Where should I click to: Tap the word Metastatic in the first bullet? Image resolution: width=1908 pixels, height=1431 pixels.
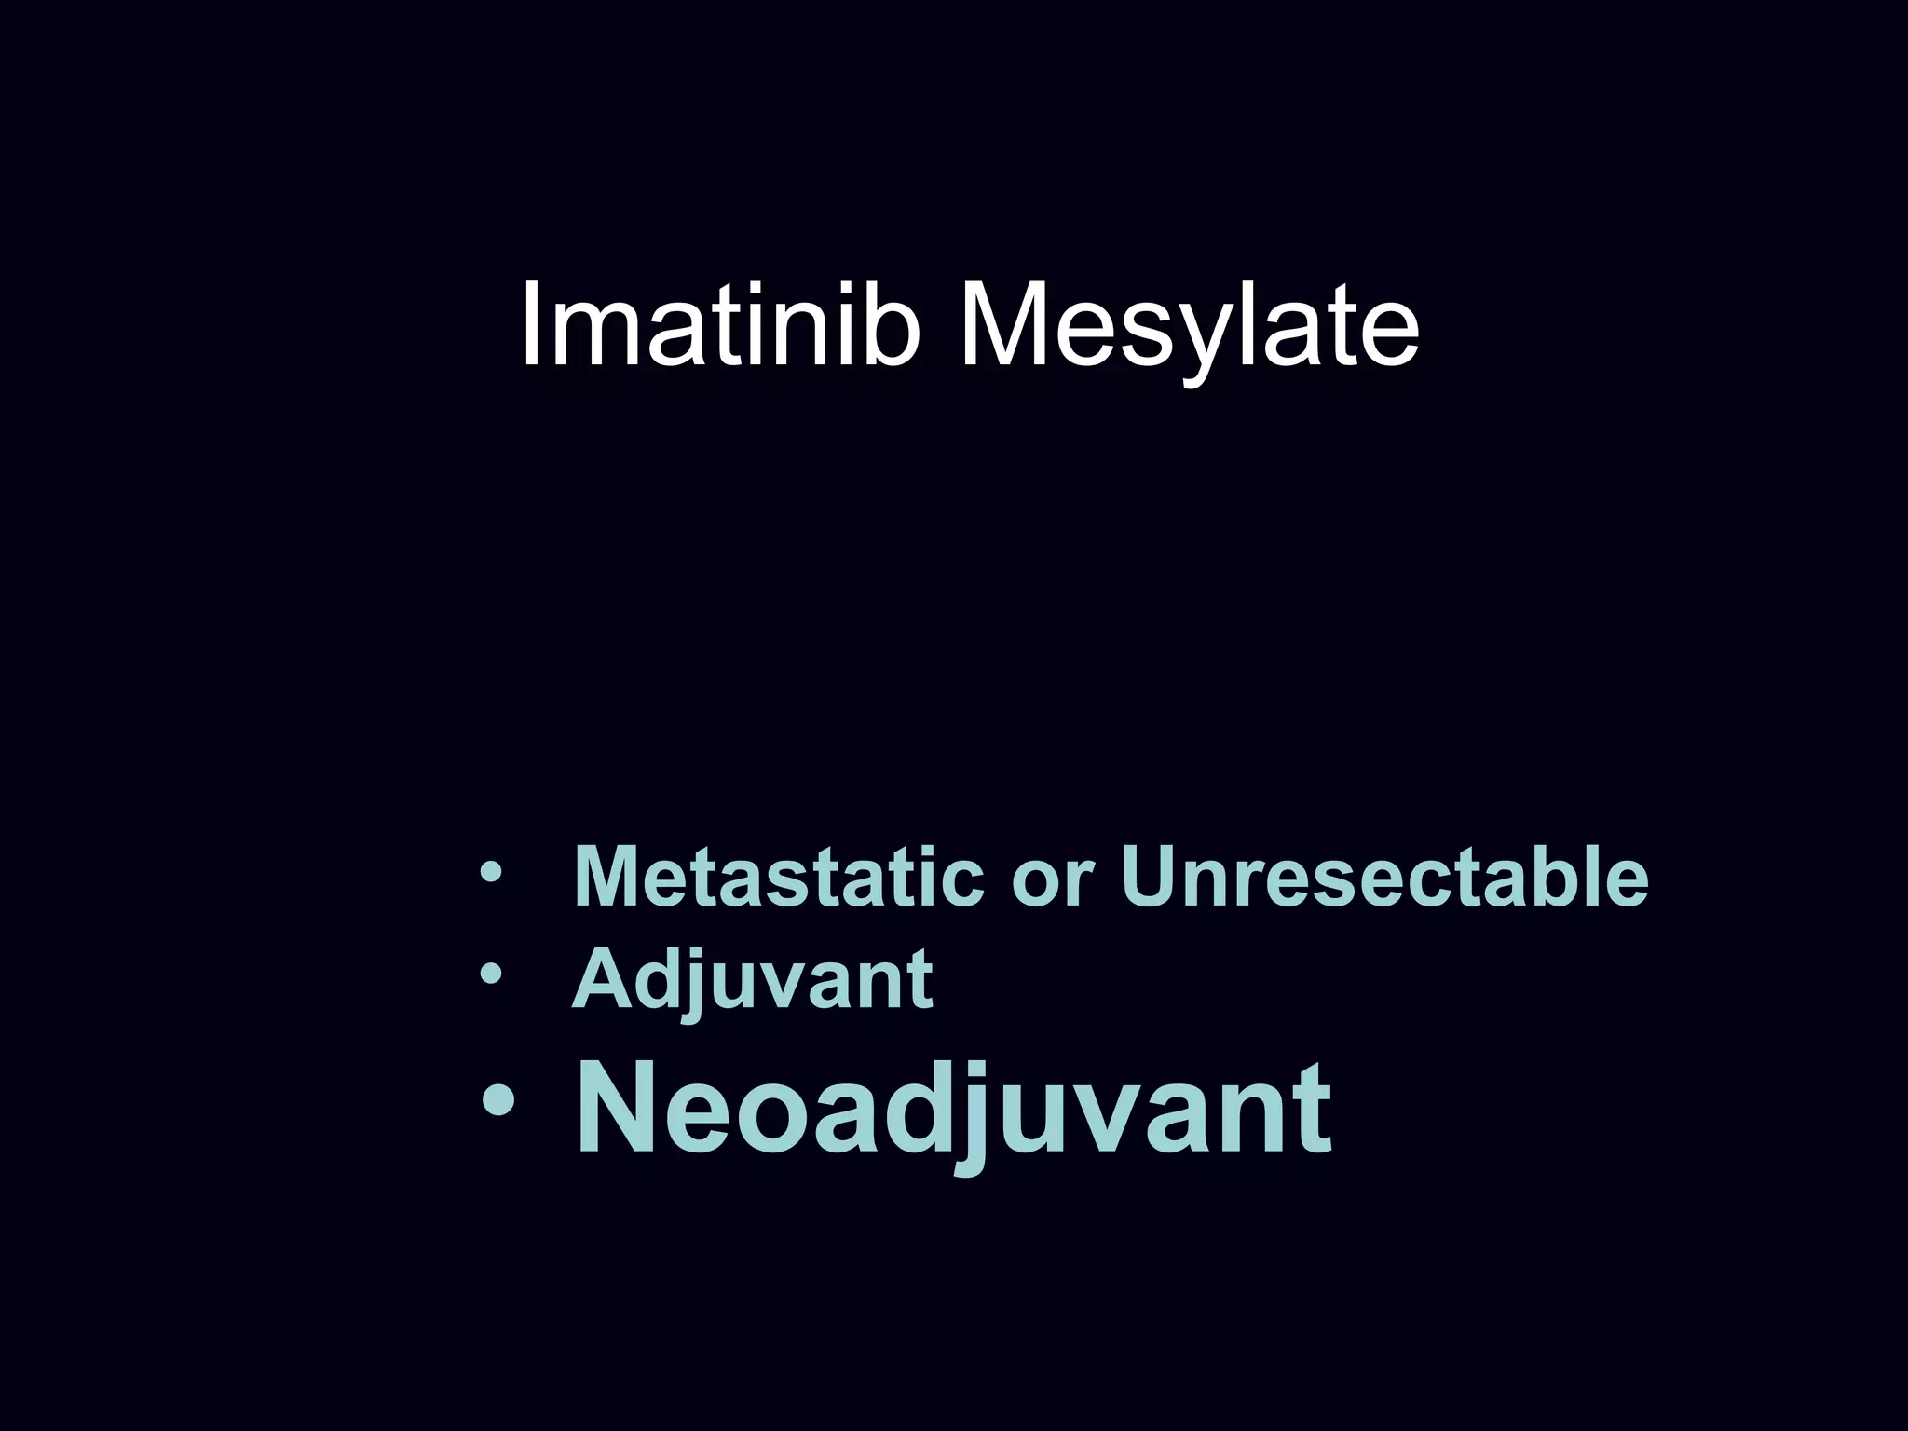pos(779,877)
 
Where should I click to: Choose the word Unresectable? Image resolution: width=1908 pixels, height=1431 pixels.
pos(1384,877)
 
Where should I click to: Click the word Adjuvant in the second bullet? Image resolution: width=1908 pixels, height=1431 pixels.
pos(752,979)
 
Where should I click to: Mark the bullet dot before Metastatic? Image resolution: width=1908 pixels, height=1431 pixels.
pos(490,873)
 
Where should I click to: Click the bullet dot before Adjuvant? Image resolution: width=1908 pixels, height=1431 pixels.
pos(490,974)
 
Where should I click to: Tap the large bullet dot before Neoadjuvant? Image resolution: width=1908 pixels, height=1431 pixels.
pos(499,1102)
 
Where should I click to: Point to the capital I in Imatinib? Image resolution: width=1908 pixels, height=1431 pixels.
pos(532,322)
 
